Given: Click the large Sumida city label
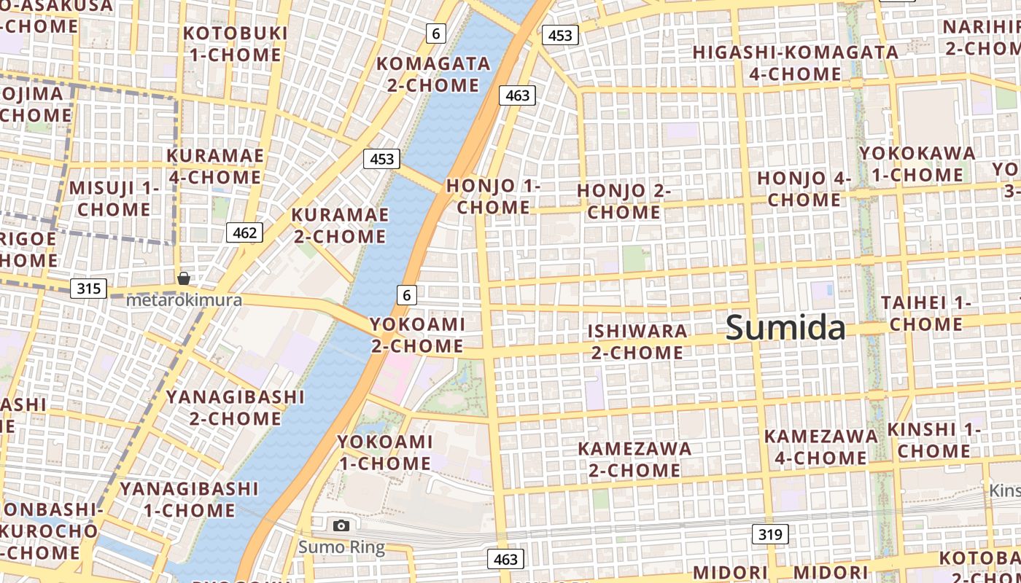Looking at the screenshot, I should pyautogui.click(x=785, y=328).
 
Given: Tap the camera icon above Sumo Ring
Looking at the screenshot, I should pyautogui.click(x=341, y=525).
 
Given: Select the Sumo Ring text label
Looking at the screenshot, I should pyautogui.click(x=341, y=547).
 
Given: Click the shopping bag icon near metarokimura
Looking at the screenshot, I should pyautogui.click(x=184, y=278).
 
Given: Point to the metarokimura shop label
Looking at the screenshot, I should pyautogui.click(x=184, y=300).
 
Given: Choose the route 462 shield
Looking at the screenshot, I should pyautogui.click(x=244, y=232).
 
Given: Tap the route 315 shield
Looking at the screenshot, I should pyautogui.click(x=88, y=289).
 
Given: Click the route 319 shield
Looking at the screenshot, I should pyautogui.click(x=770, y=535).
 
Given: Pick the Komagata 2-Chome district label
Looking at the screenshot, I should pyautogui.click(x=433, y=74).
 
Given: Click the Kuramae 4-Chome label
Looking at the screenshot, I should pyautogui.click(x=215, y=166).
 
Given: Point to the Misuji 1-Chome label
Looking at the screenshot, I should pyautogui.click(x=114, y=198).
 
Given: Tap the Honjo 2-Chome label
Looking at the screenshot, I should pyautogui.click(x=624, y=201).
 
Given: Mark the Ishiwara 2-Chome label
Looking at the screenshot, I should pyautogui.click(x=637, y=342).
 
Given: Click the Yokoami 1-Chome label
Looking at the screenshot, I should pyautogui.click(x=384, y=452).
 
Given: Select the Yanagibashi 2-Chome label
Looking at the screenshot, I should pyautogui.click(x=235, y=407).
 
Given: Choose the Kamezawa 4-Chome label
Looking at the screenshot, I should pyautogui.click(x=820, y=447).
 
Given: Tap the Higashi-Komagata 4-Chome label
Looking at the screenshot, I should pyautogui.click(x=795, y=63).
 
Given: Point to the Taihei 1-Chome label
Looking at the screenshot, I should pyautogui.click(x=926, y=313).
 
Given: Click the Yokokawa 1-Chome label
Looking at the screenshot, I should pyautogui.click(x=917, y=164).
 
